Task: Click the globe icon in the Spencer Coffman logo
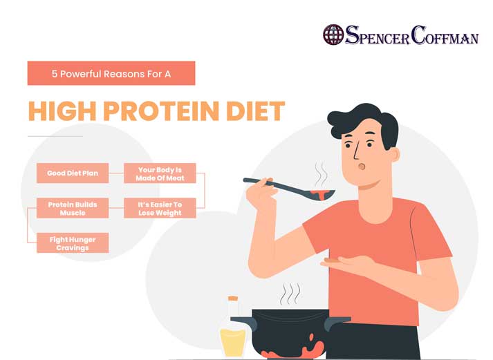333,35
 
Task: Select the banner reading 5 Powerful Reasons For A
111,73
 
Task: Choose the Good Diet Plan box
73,173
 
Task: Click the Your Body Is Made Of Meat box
160,173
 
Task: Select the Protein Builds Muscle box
73,208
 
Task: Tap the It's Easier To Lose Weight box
160,208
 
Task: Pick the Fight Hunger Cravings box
73,243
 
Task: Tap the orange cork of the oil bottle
233,299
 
